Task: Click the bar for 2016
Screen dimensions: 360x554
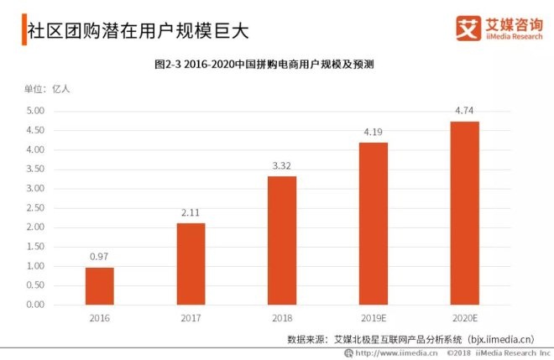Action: click(x=99, y=286)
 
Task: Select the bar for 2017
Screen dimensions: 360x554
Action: click(x=191, y=263)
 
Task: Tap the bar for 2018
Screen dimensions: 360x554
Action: click(x=282, y=240)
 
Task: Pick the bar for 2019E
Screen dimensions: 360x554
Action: click(x=374, y=223)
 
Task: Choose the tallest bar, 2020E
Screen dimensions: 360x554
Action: click(x=465, y=213)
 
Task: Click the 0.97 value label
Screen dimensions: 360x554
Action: click(x=99, y=256)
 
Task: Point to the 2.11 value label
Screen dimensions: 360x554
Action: click(x=191, y=212)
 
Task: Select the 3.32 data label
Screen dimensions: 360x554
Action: click(x=282, y=165)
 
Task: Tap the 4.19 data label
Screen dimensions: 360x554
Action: click(x=374, y=132)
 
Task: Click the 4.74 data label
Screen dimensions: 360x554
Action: click(x=465, y=110)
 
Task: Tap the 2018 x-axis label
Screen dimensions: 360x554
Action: click(x=282, y=319)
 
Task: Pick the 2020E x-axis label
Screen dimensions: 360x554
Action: click(x=465, y=319)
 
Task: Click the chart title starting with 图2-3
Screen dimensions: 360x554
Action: click(x=276, y=64)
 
